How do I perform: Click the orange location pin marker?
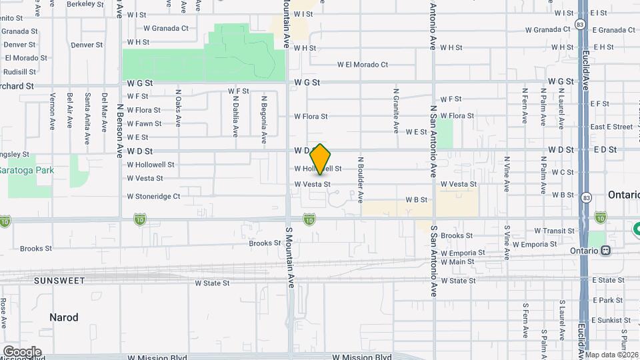[x=321, y=159]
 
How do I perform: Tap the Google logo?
[x=21, y=351]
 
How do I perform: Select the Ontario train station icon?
[x=605, y=251]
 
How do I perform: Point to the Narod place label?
[x=63, y=317]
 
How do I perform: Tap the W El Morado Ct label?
[x=363, y=65]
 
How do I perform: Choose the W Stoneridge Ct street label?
[x=153, y=197]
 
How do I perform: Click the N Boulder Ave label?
[x=360, y=179]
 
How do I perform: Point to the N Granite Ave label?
[x=396, y=109]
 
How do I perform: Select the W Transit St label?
[x=554, y=231]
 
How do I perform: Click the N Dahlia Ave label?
[x=235, y=113]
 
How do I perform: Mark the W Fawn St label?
[x=144, y=123]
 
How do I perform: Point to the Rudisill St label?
[x=19, y=72]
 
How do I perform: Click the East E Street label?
[x=611, y=127]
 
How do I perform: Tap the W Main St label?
[x=457, y=261]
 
